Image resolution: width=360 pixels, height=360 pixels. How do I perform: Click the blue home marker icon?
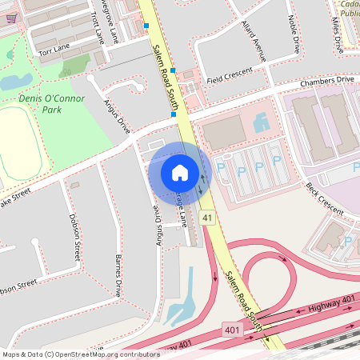click(x=179, y=172)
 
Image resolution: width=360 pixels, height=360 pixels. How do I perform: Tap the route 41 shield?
click(x=208, y=218)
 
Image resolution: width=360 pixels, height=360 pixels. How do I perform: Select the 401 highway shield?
click(x=232, y=330)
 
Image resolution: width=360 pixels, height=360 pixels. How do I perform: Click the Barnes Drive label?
click(x=118, y=277)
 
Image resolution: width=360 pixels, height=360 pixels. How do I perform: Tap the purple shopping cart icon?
click(x=10, y=18)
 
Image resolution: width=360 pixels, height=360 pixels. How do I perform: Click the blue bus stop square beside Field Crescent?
click(x=173, y=71)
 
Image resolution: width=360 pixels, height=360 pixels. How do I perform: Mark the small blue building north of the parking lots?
click(x=262, y=122)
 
